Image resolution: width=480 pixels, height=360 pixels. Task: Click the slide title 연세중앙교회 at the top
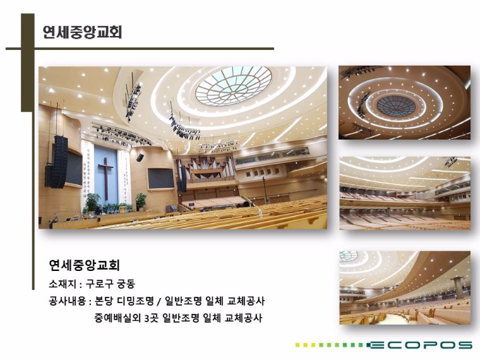click(82, 32)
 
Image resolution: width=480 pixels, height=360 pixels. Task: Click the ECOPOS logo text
click(421, 345)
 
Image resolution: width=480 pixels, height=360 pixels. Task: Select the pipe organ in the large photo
click(205, 169)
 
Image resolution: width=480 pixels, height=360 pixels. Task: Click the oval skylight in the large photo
click(234, 85)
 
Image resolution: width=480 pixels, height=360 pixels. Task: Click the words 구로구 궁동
click(110, 284)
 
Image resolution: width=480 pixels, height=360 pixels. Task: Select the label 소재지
click(62, 284)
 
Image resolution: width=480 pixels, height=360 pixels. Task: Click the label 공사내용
click(68, 301)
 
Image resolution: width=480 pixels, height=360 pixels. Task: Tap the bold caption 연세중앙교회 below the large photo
click(84, 265)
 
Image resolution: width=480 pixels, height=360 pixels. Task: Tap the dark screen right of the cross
click(160, 179)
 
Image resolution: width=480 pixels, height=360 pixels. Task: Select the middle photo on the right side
click(405, 193)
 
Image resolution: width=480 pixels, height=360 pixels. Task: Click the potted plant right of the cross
click(141, 201)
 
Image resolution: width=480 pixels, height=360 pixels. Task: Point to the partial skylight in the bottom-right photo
click(349, 256)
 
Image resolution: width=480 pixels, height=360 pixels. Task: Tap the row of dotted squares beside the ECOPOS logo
click(331, 345)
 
